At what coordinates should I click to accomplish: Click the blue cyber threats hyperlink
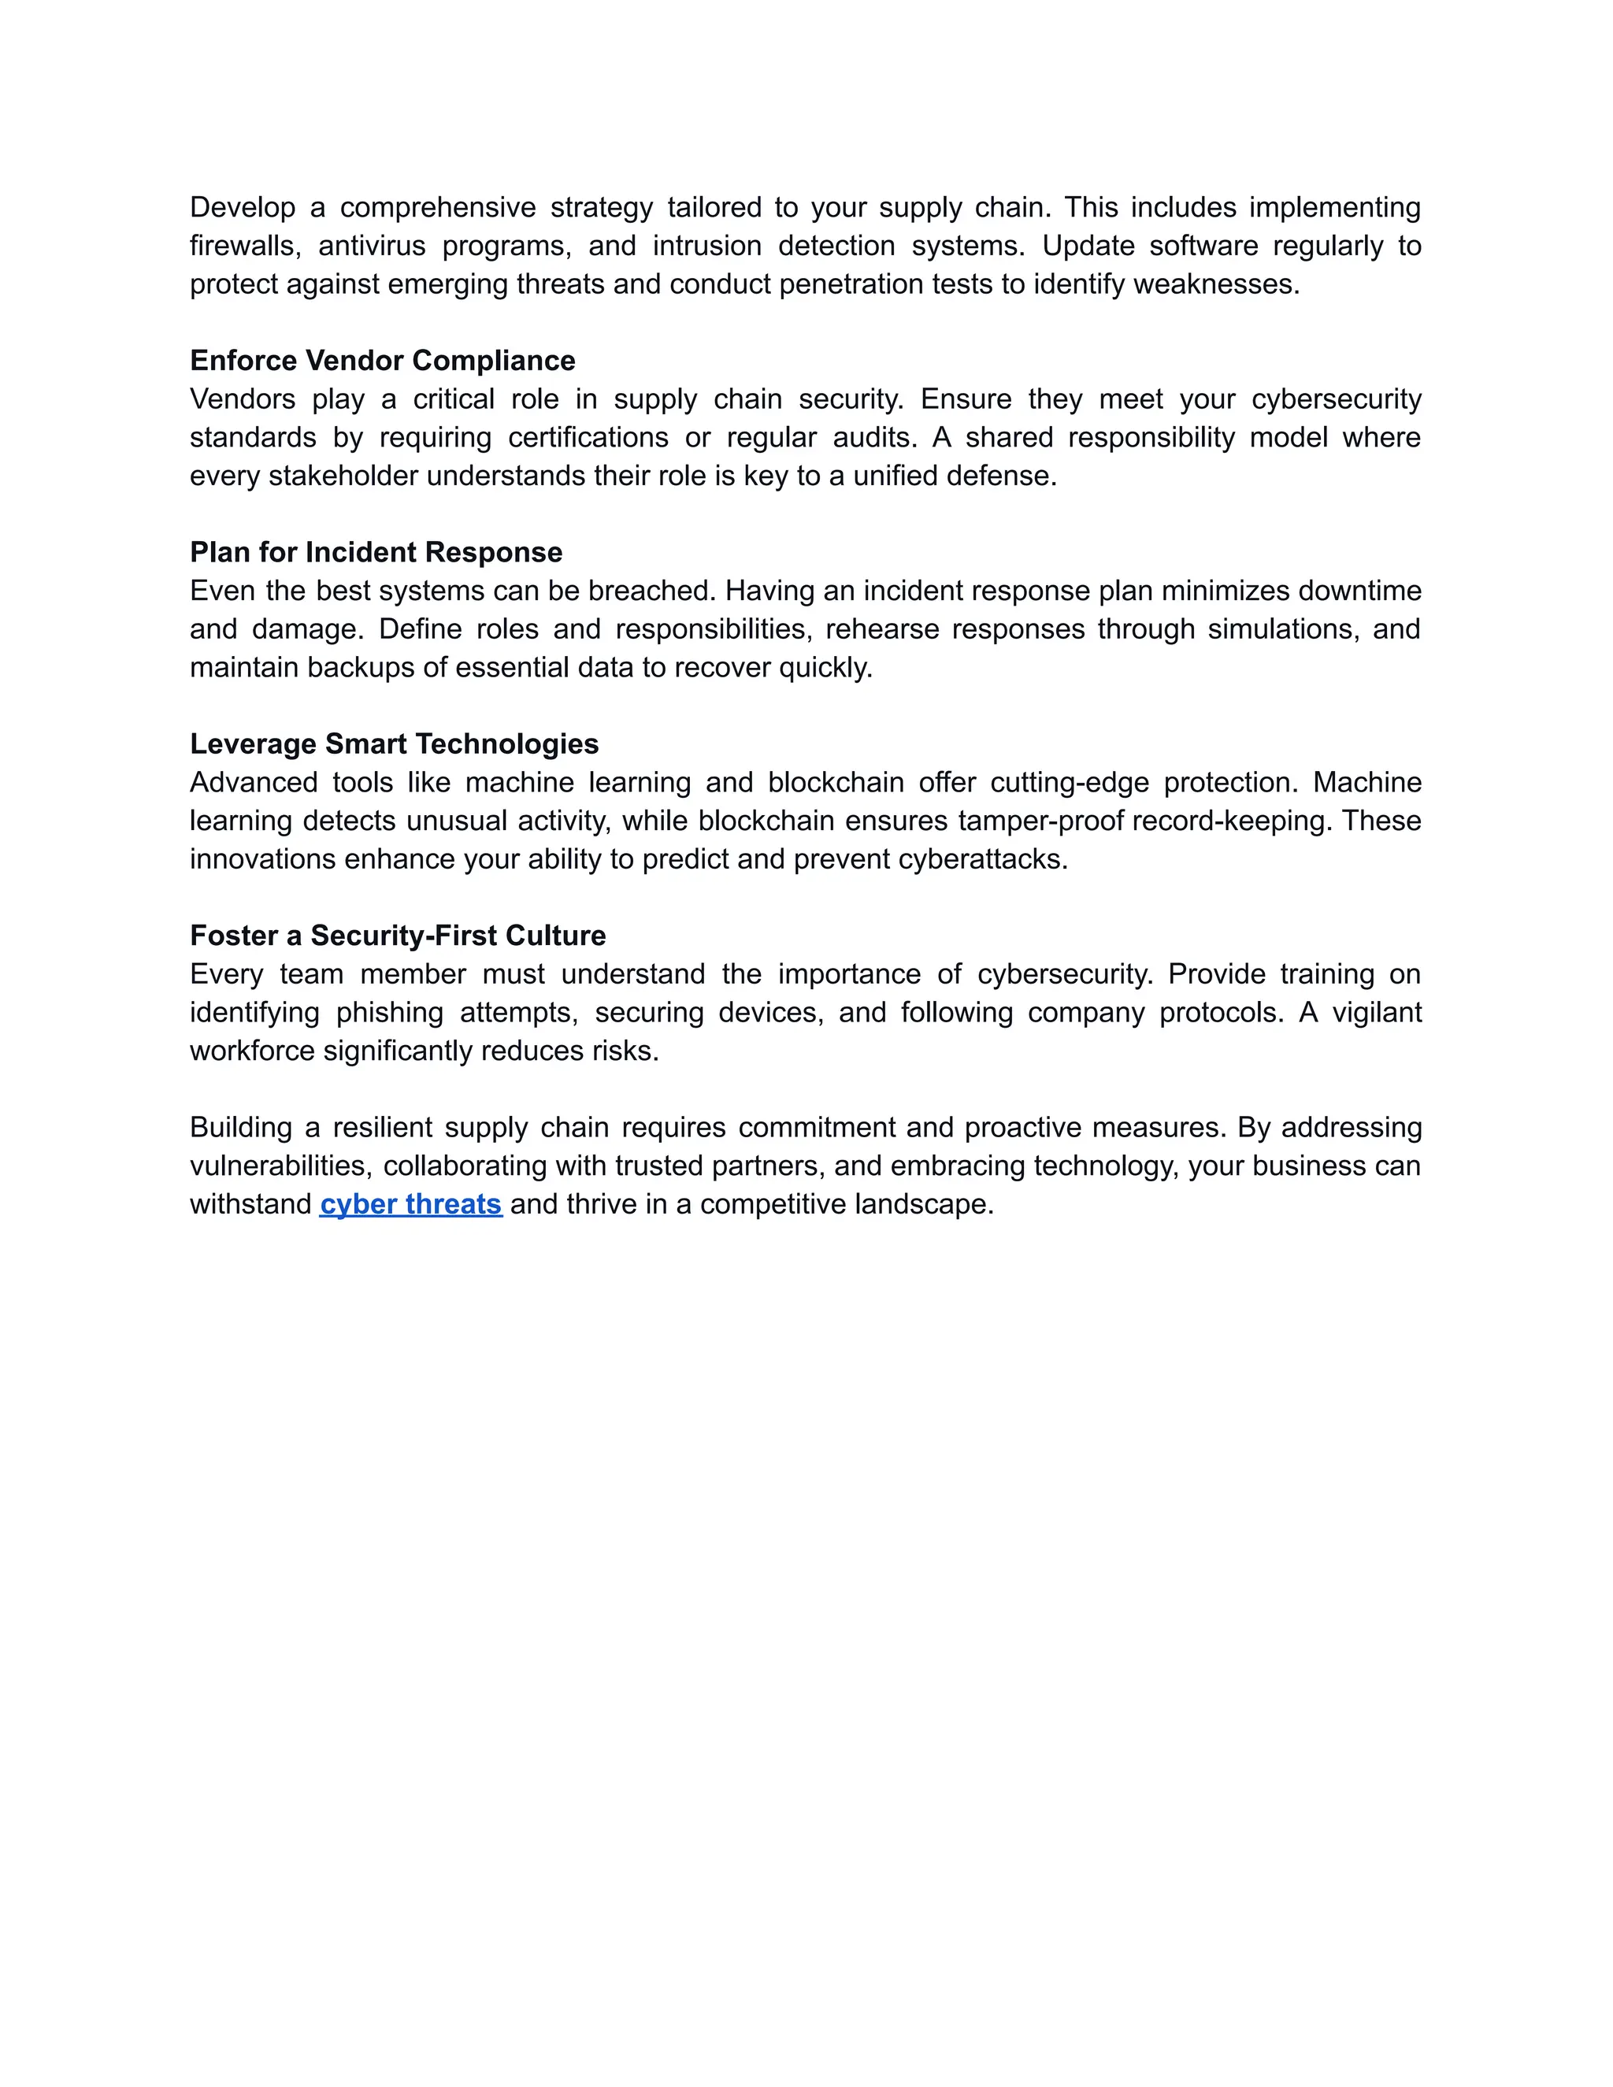coord(411,1204)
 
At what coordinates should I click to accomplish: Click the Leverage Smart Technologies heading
coord(394,743)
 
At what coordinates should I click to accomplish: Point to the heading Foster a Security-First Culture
coord(398,936)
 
